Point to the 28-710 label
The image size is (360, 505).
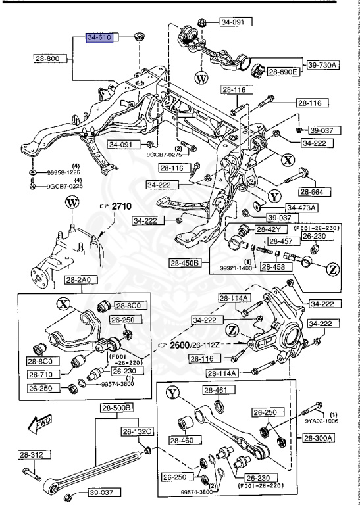[43, 373]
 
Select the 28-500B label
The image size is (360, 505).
[116, 408]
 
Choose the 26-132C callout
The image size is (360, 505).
[136, 431]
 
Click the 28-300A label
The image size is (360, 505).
[319, 437]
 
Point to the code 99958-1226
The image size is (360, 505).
[64, 172]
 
